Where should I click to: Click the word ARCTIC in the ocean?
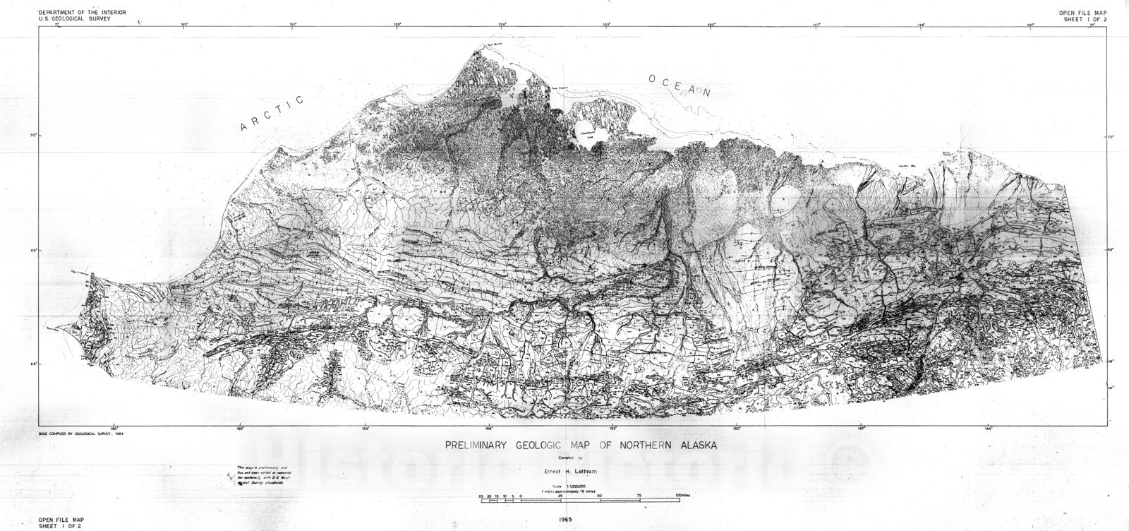tap(272, 113)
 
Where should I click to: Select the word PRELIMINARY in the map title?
tap(481, 446)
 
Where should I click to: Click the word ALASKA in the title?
tap(691, 446)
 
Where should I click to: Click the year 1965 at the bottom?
tap(583, 520)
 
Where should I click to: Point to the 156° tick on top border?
tap(502, 25)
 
